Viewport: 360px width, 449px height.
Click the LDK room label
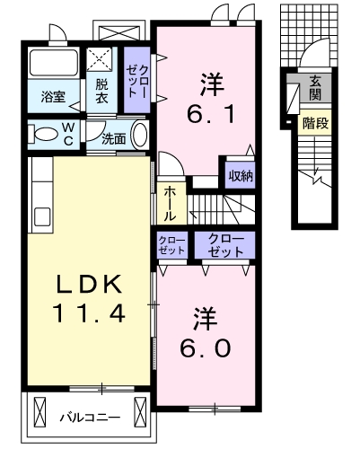pos(89,284)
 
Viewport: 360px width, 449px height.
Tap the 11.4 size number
pos(89,312)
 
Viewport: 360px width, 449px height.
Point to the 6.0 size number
pos(206,348)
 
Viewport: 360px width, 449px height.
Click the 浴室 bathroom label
pos(53,96)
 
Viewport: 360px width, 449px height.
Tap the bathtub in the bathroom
pos(54,63)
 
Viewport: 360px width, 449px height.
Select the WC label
pos(68,134)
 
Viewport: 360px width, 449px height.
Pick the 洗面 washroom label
pos(114,139)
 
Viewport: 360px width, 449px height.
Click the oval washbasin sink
pos(140,134)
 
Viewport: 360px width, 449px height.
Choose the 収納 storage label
pos(241,176)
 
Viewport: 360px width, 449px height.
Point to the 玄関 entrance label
pos(315,87)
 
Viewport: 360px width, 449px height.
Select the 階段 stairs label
pos(315,123)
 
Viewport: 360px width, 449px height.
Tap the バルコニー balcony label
pos(91,417)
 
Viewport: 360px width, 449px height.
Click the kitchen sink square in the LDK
pos(42,216)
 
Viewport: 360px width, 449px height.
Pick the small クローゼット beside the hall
pos(172,245)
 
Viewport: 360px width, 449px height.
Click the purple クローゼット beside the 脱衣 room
pos(137,80)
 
